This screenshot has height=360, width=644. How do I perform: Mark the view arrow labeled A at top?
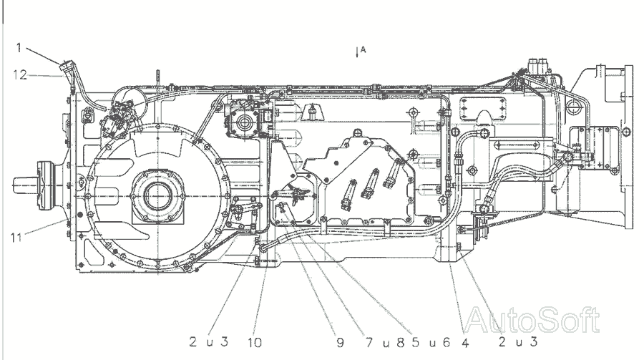358,52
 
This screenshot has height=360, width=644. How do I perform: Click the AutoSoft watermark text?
533,320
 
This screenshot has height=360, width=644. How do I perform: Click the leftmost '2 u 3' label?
208,342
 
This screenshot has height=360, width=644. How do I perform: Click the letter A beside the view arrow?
364,49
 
